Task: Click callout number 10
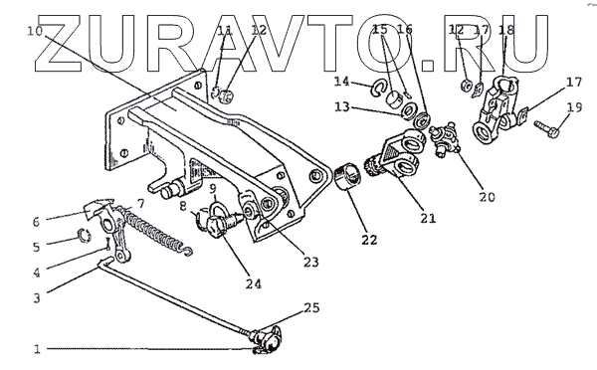click(x=35, y=31)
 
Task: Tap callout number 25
click(x=311, y=307)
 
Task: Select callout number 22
click(x=369, y=240)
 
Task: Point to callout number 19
click(x=574, y=107)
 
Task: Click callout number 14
click(x=341, y=82)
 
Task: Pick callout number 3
click(x=37, y=297)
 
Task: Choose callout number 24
click(x=254, y=284)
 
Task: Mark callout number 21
click(x=428, y=219)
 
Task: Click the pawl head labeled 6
click(x=99, y=208)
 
